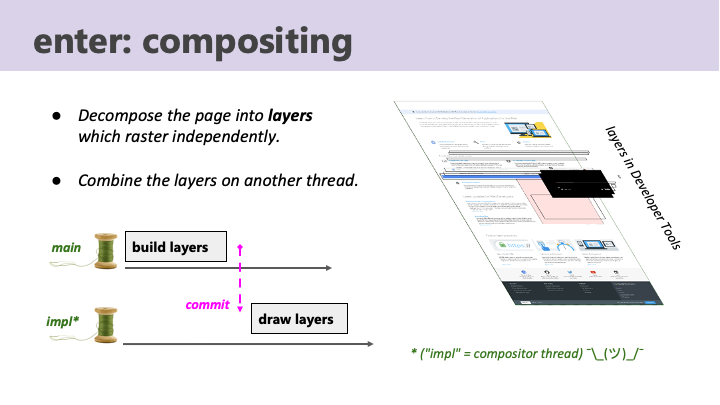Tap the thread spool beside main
pyautogui.click(x=105, y=250)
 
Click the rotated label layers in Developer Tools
pyautogui.click(x=644, y=189)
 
